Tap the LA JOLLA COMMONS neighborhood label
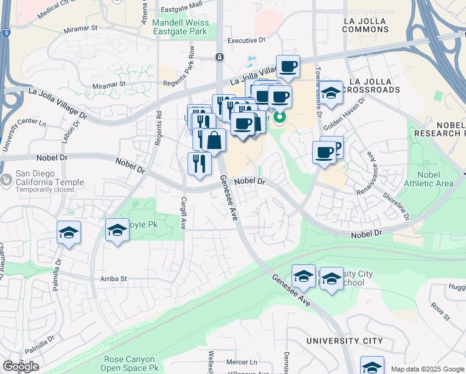pos(366,24)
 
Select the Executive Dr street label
pos(246,41)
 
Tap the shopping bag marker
pos(214,141)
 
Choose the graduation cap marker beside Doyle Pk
pos(117,231)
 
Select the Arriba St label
pos(109,279)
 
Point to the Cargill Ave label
pos(184,213)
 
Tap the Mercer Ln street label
pos(242,362)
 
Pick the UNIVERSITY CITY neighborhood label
pos(345,341)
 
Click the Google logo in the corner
pos(21,367)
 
